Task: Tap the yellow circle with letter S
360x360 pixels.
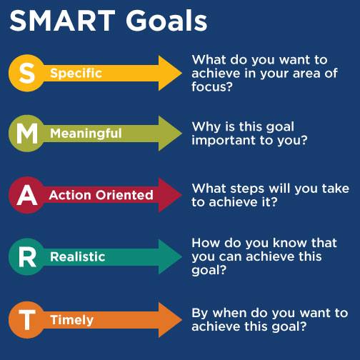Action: click(26, 72)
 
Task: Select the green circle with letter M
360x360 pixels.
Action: click(26, 133)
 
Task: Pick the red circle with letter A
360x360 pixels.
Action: click(26, 195)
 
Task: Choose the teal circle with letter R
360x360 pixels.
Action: click(26, 256)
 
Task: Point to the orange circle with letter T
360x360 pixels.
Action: click(26, 320)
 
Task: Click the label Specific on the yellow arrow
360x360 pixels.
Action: click(76, 73)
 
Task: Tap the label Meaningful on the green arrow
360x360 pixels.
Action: click(86, 134)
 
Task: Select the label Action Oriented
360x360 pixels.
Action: click(101, 195)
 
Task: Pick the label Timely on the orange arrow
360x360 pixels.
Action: click(71, 320)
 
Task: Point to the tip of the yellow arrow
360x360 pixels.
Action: click(181, 72)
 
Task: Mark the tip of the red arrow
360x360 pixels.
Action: click(181, 195)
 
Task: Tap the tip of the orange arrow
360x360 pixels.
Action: click(181, 320)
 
